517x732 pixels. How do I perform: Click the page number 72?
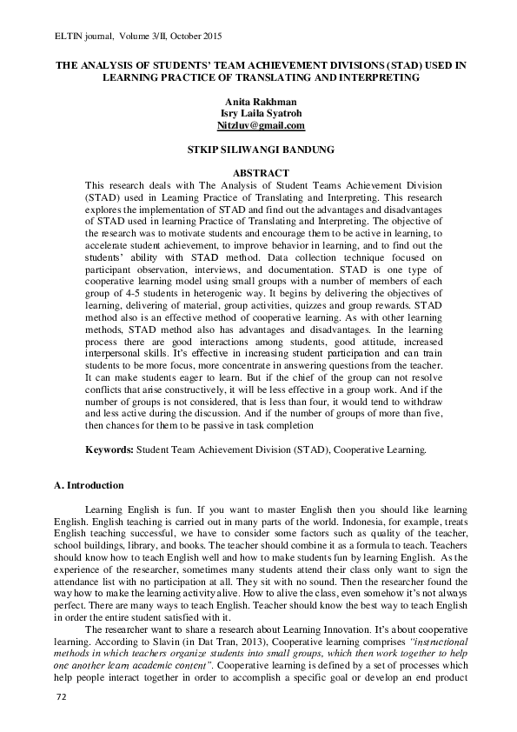tap(61, 722)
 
